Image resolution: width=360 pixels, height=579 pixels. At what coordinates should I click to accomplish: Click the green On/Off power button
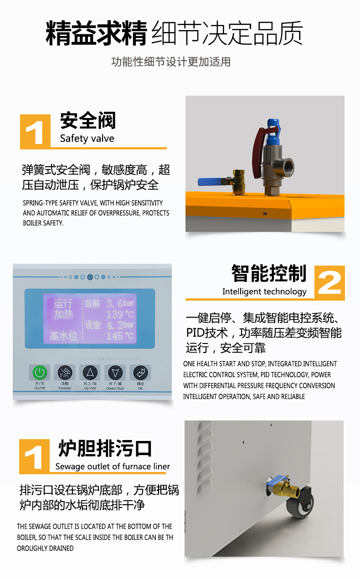40,373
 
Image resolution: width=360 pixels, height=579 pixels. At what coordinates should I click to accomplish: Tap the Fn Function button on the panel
65,373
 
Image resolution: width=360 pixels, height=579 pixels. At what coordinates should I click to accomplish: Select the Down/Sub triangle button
115,373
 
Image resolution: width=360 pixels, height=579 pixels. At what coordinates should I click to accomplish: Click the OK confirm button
140,373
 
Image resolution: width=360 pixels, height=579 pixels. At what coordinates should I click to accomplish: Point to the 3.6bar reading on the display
120,303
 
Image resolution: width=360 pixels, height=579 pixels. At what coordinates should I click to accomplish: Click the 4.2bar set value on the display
120,325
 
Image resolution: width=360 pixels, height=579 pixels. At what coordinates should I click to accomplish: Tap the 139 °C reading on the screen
120,314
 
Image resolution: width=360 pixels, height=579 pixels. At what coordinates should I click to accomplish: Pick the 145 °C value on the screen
120,336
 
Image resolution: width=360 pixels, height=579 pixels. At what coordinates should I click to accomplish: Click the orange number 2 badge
329,282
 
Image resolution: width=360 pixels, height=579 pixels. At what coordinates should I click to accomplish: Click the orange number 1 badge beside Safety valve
35,132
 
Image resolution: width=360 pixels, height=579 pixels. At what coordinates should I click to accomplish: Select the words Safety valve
87,138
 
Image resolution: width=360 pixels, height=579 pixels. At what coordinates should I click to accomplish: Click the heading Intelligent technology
264,292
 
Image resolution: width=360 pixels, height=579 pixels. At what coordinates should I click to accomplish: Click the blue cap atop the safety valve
273,132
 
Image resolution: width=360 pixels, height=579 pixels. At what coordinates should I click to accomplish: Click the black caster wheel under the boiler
301,503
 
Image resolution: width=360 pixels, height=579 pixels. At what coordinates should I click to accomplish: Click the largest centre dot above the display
90,277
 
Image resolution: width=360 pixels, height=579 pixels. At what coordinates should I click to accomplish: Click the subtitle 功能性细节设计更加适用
171,62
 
